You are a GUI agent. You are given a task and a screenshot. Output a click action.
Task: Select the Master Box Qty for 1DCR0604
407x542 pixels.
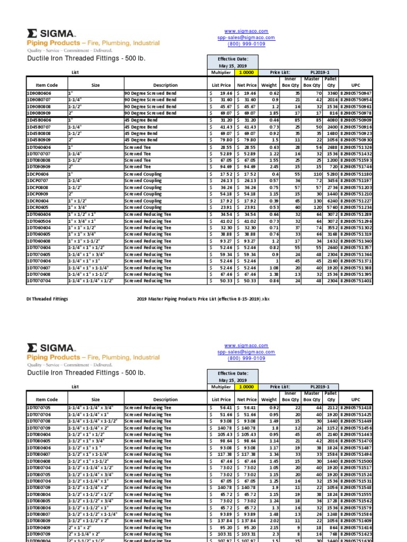tap(313, 201)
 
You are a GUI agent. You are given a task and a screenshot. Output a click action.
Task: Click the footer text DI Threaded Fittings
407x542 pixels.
tap(47, 299)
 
